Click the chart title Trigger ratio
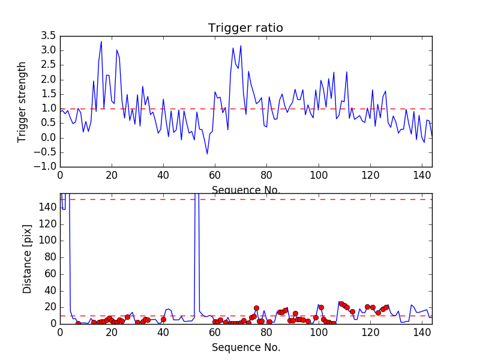tap(245, 28)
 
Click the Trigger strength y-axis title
tap(22, 101)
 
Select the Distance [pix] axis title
tap(27, 259)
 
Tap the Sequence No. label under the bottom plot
tap(245, 347)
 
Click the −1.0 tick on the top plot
tap(46, 167)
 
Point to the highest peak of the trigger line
tap(101, 41)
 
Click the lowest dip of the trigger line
tap(208, 154)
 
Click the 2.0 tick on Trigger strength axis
tap(48, 79)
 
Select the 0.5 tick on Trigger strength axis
tap(48, 123)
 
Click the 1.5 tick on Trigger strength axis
tap(48, 94)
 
